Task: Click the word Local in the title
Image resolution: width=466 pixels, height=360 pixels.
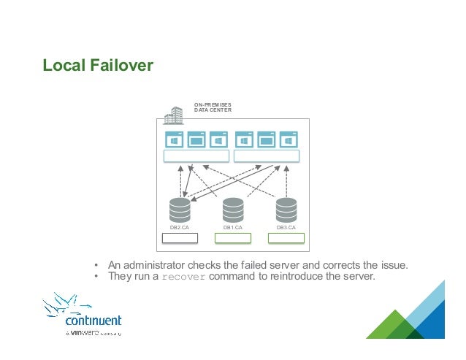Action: (63, 66)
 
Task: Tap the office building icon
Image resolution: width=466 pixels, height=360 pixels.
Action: (173, 115)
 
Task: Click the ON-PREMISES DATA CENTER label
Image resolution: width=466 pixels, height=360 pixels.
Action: (213, 108)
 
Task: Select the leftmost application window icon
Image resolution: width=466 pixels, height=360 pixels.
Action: (175, 139)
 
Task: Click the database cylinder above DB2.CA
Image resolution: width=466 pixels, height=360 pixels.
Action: (179, 210)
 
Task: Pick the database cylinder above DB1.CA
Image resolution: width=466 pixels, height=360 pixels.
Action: (233, 210)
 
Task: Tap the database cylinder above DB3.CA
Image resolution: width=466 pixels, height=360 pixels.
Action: (286, 210)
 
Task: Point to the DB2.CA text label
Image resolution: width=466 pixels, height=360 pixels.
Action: (179, 228)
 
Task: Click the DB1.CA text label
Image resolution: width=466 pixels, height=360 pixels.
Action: (233, 228)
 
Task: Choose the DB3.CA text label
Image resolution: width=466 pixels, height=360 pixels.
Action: (286, 228)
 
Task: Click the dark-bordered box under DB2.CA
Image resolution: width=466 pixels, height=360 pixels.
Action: (179, 238)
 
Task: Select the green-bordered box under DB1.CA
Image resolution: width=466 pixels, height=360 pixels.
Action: (233, 238)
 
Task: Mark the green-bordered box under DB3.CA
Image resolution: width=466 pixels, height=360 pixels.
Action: (286, 238)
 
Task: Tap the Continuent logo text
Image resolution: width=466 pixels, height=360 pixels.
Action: (93, 321)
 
